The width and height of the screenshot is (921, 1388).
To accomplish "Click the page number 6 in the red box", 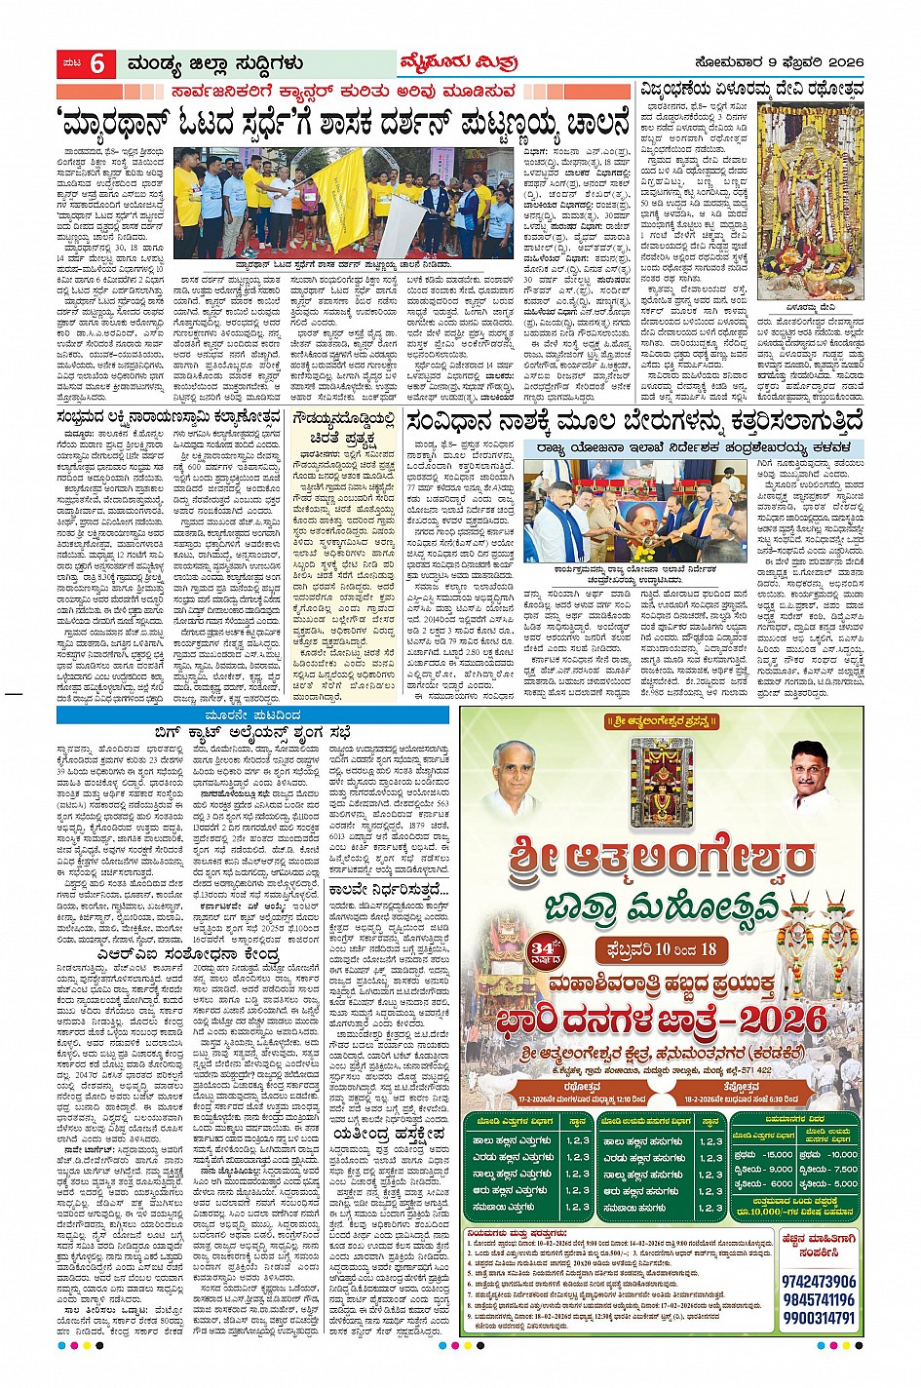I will (97, 64).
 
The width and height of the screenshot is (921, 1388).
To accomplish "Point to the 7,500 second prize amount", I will (843, 1169).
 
